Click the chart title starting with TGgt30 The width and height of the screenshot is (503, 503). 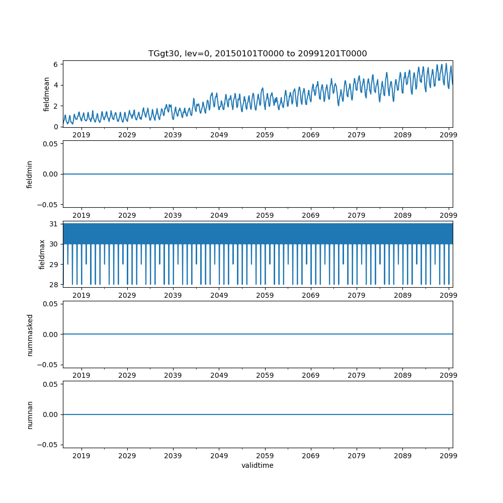258,53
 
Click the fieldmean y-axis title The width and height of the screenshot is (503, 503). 47,94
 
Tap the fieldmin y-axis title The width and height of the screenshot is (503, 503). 30,174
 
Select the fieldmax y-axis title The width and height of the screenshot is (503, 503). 42,254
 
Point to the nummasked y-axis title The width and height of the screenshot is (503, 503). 30,334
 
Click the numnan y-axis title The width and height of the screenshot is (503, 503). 30,414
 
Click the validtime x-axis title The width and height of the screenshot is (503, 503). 258,465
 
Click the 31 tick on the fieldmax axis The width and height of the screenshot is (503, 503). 53,224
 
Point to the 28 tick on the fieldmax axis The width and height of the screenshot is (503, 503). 53,285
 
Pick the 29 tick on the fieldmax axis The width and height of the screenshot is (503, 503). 53,265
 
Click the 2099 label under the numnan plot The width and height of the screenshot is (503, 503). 449,456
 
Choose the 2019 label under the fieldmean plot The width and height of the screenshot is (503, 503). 81,135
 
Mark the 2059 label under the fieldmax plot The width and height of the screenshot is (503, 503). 265,295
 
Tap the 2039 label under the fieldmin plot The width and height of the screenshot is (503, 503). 173,215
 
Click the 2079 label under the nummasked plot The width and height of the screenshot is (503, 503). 357,376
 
